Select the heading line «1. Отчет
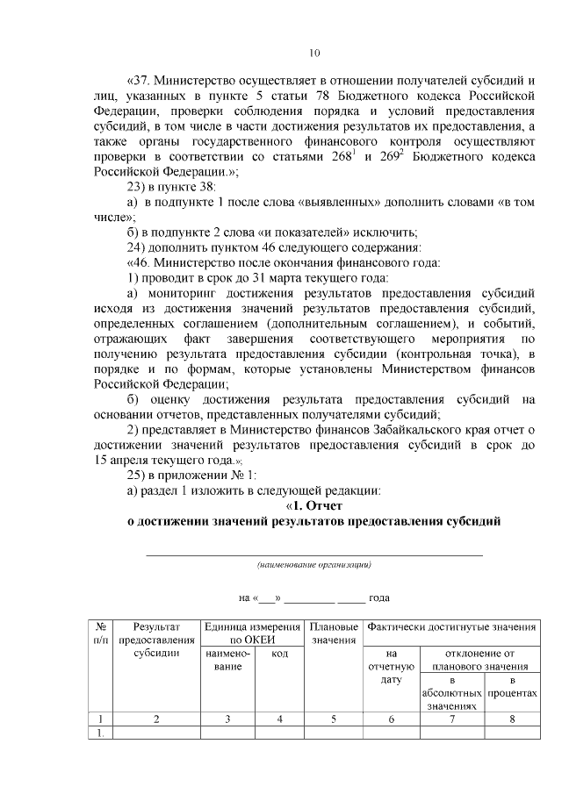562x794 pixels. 314,505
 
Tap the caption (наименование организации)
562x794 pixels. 313,565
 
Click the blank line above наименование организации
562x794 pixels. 313,554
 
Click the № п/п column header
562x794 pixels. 102,633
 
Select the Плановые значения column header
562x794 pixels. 334,633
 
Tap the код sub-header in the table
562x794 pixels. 279,654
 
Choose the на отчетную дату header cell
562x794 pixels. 392,667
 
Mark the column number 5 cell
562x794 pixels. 334,719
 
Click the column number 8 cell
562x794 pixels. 512,719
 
